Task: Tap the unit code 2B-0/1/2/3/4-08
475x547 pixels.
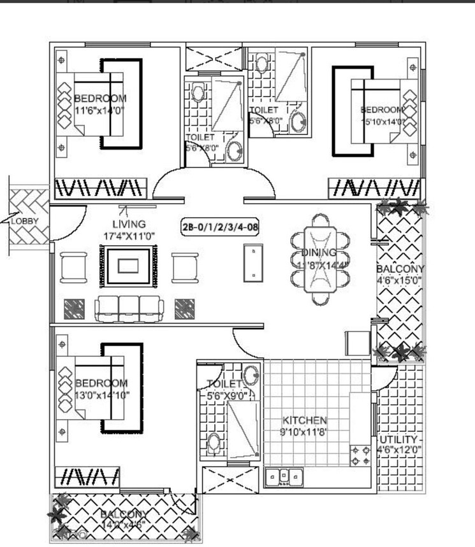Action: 220,225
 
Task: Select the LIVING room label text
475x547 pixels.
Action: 129,224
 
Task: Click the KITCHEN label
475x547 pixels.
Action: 305,420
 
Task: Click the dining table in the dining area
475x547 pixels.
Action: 321,260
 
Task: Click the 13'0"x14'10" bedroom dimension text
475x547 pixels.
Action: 101,395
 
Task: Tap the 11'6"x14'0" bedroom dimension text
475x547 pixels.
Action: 100,110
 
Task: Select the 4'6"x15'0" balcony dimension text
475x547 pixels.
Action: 400,280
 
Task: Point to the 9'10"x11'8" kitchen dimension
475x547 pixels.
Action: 305,432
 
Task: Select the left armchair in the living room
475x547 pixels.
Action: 75,267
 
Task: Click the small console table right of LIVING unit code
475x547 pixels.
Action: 254,262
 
